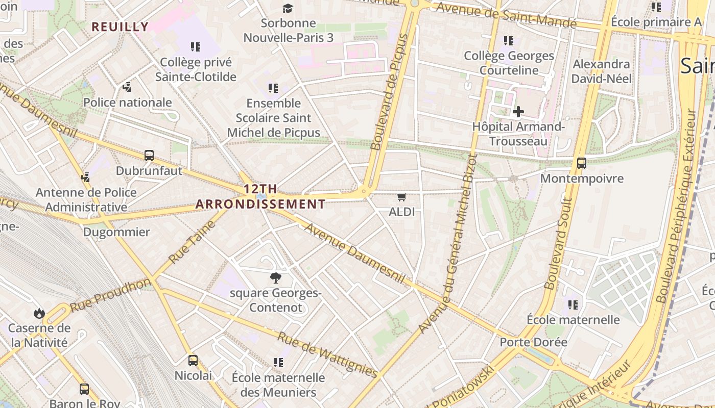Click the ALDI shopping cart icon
(x=401, y=197)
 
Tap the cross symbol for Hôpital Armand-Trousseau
(x=518, y=111)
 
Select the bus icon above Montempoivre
(x=581, y=163)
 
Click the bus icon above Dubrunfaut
(x=149, y=156)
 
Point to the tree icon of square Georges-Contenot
(x=276, y=278)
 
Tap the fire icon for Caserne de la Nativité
(x=39, y=313)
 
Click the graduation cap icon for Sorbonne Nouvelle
(x=288, y=8)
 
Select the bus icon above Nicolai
(x=193, y=361)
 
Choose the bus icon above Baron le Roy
(x=84, y=389)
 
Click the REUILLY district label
(x=120, y=27)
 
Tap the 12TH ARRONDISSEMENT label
(x=260, y=197)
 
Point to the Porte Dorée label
(x=534, y=342)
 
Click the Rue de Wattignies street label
(x=327, y=354)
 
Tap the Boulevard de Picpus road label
(x=390, y=92)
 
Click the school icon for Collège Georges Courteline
(x=508, y=40)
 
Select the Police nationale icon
(x=127, y=87)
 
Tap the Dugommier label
(x=116, y=232)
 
